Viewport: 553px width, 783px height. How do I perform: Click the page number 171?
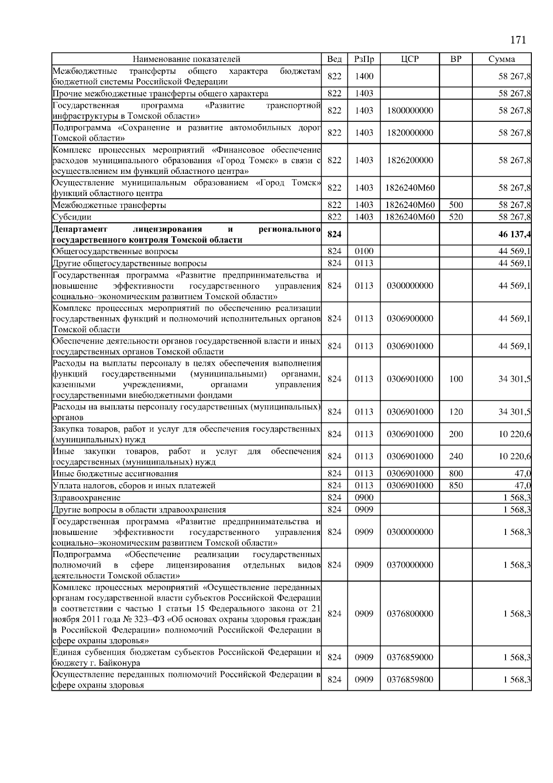tap(518, 40)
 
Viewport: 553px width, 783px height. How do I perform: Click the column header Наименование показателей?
tap(186, 59)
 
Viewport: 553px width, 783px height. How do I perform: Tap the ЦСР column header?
tap(410, 59)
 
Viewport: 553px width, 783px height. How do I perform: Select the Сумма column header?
tap(501, 59)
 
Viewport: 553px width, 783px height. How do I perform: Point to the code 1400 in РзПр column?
tap(364, 77)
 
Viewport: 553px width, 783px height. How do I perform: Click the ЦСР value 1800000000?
tap(410, 111)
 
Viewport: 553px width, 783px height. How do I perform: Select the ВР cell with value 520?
tap(455, 217)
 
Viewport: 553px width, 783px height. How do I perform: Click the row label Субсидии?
tap(72, 217)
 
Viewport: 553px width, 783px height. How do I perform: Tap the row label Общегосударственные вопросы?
tap(115, 252)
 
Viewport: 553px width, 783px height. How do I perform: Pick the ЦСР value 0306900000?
tap(410, 319)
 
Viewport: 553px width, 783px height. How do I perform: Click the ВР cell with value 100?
tap(455, 379)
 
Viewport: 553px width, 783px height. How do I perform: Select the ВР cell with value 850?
tap(455, 486)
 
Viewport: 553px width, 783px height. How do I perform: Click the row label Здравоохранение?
tap(86, 498)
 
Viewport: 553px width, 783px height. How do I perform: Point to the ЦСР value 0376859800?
tap(410, 680)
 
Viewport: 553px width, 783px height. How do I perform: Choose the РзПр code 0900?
tap(364, 498)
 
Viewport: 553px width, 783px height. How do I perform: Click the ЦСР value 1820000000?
tap(410, 133)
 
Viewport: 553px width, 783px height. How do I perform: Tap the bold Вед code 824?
tap(334, 234)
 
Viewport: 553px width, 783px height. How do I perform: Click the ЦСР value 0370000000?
tap(410, 565)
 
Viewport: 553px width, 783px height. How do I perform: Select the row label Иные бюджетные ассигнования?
tap(115, 474)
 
